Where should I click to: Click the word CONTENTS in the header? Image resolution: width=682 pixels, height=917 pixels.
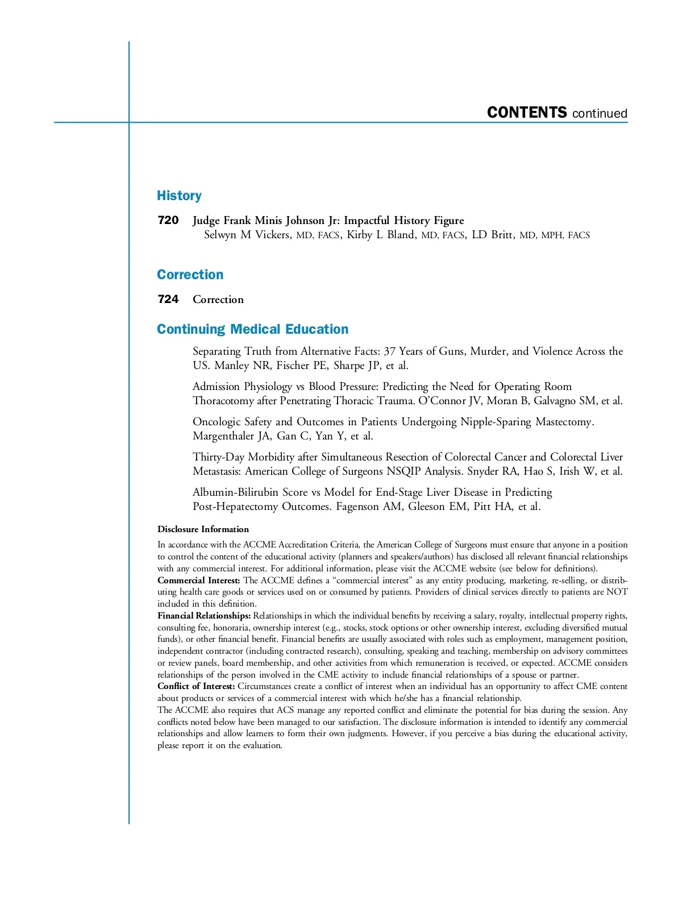click(527, 113)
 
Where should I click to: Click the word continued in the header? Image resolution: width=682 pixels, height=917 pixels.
click(600, 114)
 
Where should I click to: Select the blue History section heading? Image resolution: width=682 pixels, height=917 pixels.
click(179, 196)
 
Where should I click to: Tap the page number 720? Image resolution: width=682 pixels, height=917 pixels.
click(168, 220)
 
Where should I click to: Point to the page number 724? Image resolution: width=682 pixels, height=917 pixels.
click(168, 299)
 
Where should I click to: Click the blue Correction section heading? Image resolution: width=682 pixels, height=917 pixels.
click(190, 275)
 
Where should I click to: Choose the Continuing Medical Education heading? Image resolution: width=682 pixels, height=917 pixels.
click(252, 329)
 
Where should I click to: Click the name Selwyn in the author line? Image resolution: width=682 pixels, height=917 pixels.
click(220, 235)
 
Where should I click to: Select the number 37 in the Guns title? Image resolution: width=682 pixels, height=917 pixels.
click(390, 351)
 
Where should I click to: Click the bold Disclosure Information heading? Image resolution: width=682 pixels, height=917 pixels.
click(203, 529)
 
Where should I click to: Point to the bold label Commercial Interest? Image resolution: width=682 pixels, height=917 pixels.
click(199, 580)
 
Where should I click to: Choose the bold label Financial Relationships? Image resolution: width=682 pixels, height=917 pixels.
click(204, 616)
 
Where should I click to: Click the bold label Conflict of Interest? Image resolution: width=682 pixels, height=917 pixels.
click(196, 686)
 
